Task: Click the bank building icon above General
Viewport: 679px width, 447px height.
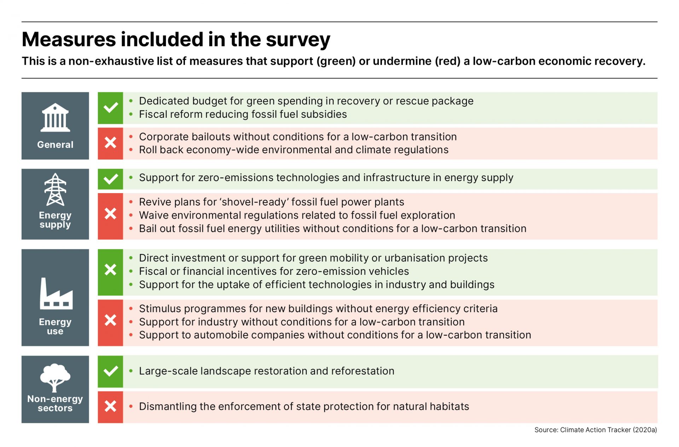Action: pyautogui.click(x=55, y=117)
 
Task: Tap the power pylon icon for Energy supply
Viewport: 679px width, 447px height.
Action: pyautogui.click(x=55, y=190)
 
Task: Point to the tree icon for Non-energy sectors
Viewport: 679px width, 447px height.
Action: pyautogui.click(x=55, y=377)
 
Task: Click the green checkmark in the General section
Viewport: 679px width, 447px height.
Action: pyautogui.click(x=110, y=108)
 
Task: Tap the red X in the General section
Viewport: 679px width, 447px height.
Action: pyautogui.click(x=110, y=143)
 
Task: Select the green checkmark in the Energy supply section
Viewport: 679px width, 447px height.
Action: pyautogui.click(x=110, y=179)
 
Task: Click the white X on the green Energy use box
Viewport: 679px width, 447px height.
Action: pyautogui.click(x=110, y=270)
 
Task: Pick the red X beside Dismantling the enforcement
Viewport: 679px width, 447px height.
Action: pyautogui.click(x=110, y=406)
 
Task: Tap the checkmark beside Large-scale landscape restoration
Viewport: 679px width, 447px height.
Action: pyautogui.click(x=110, y=371)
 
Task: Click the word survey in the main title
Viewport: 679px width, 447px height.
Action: pyautogui.click(x=298, y=40)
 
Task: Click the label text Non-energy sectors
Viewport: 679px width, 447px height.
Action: pyautogui.click(x=55, y=404)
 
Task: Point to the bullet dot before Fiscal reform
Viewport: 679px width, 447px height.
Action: pyautogui.click(x=131, y=114)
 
